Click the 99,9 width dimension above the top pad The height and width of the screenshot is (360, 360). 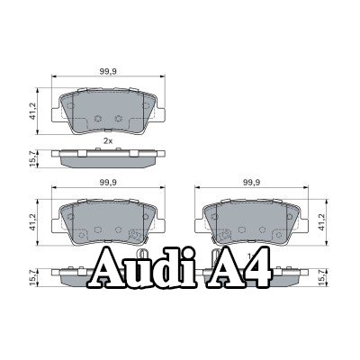pos(108,71)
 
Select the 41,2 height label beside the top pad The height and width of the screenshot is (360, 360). pos(32,111)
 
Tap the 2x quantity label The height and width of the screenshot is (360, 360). pos(108,141)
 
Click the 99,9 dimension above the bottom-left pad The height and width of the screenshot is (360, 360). pos(108,183)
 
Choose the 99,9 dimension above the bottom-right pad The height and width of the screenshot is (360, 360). pos(251,183)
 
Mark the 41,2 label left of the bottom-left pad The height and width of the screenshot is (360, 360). pos(32,222)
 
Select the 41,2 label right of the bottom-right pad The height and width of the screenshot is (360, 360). pos(322,222)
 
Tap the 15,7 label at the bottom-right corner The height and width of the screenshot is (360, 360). pos(321,277)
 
